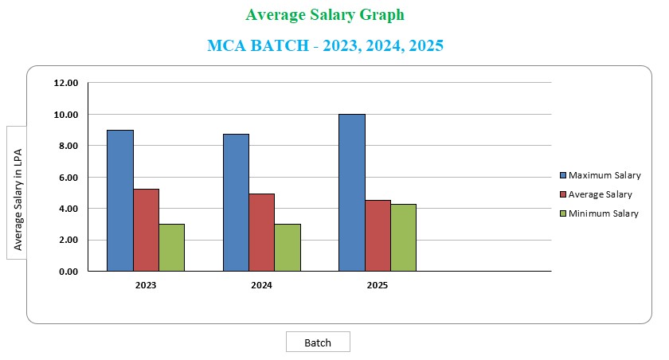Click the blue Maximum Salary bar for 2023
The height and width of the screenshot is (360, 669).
pyautogui.click(x=120, y=200)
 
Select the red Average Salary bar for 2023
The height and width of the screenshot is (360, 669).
pyautogui.click(x=146, y=230)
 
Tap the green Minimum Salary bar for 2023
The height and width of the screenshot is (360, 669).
pyautogui.click(x=171, y=248)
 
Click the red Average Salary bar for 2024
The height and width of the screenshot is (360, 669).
pyautogui.click(x=261, y=233)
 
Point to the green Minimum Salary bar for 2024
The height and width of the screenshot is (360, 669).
pyautogui.click(x=288, y=248)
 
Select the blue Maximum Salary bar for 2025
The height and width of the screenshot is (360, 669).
pyautogui.click(x=352, y=193)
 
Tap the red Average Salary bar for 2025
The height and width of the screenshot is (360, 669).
pyautogui.click(x=378, y=236)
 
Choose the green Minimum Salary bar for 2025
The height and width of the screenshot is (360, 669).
pyautogui.click(x=403, y=237)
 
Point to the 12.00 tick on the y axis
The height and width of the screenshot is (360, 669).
pyautogui.click(x=65, y=83)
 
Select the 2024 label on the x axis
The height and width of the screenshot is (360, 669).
pyautogui.click(x=261, y=284)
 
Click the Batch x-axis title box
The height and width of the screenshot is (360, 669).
pyautogui.click(x=318, y=342)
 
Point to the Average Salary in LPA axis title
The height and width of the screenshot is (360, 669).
pyautogui.click(x=18, y=191)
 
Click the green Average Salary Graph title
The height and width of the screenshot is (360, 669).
pyautogui.click(x=325, y=15)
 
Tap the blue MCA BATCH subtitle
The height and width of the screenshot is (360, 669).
pyautogui.click(x=325, y=45)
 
